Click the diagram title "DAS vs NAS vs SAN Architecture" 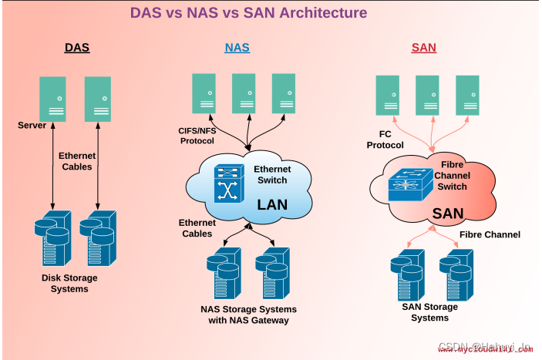click(x=248, y=13)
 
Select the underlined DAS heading click(x=77, y=48)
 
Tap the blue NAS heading click(x=237, y=48)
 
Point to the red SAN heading click(x=423, y=48)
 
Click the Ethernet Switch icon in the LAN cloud click(x=227, y=184)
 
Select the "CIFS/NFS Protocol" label click(x=197, y=136)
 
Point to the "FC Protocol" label click(x=385, y=140)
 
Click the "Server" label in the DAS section click(x=32, y=125)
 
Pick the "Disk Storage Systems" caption click(x=70, y=283)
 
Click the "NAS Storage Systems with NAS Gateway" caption click(x=248, y=315)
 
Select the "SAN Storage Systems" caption click(x=429, y=312)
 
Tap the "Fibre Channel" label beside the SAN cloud click(x=490, y=234)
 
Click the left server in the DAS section click(x=53, y=99)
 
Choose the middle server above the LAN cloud click(x=244, y=94)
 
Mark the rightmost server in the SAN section click(x=467, y=96)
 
